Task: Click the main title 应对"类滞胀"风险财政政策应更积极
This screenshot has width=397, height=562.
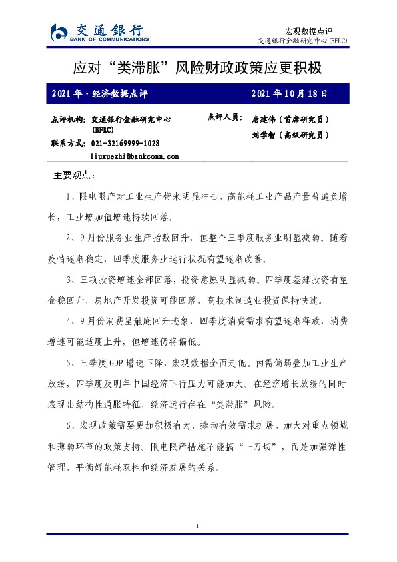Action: [x=198, y=68]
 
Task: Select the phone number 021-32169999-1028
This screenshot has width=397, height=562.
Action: [x=125, y=144]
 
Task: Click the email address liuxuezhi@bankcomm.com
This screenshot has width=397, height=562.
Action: [x=134, y=156]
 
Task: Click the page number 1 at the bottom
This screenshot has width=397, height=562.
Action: [x=198, y=527]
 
